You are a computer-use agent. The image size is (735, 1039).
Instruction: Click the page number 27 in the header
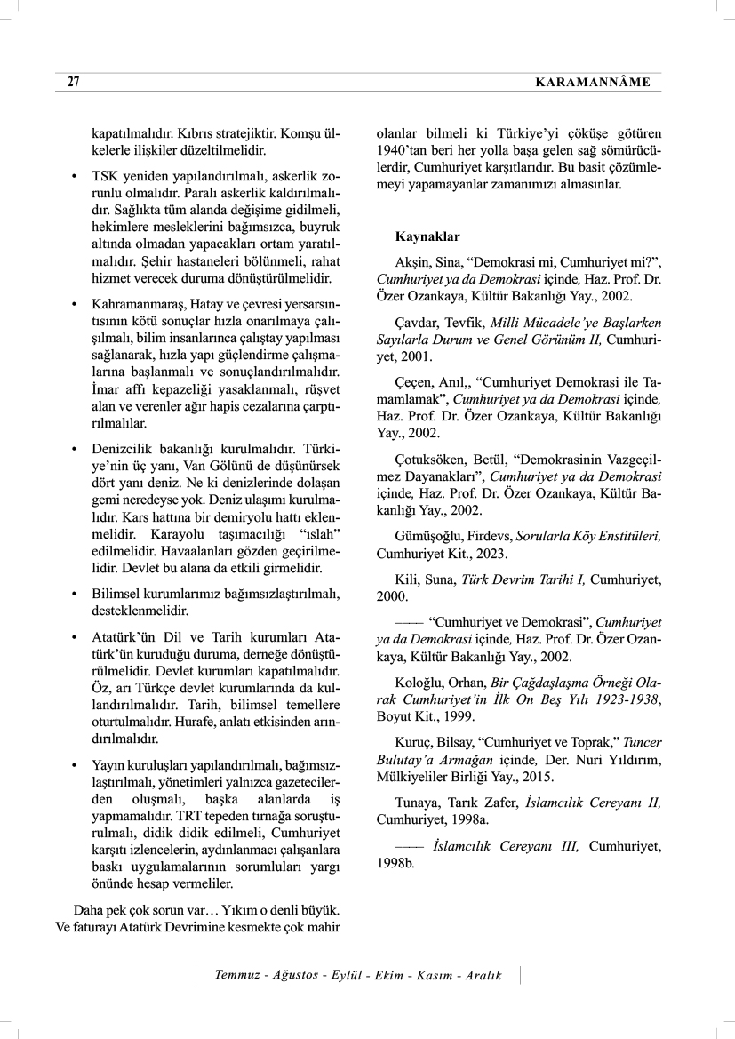click(x=73, y=82)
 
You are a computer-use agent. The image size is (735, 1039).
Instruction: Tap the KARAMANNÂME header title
click(x=593, y=83)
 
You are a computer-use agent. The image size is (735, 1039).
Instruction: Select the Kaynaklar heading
click(x=427, y=237)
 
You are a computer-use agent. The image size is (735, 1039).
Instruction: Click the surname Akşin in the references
click(x=412, y=263)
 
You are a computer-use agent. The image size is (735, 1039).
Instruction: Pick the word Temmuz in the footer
click(x=237, y=975)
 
